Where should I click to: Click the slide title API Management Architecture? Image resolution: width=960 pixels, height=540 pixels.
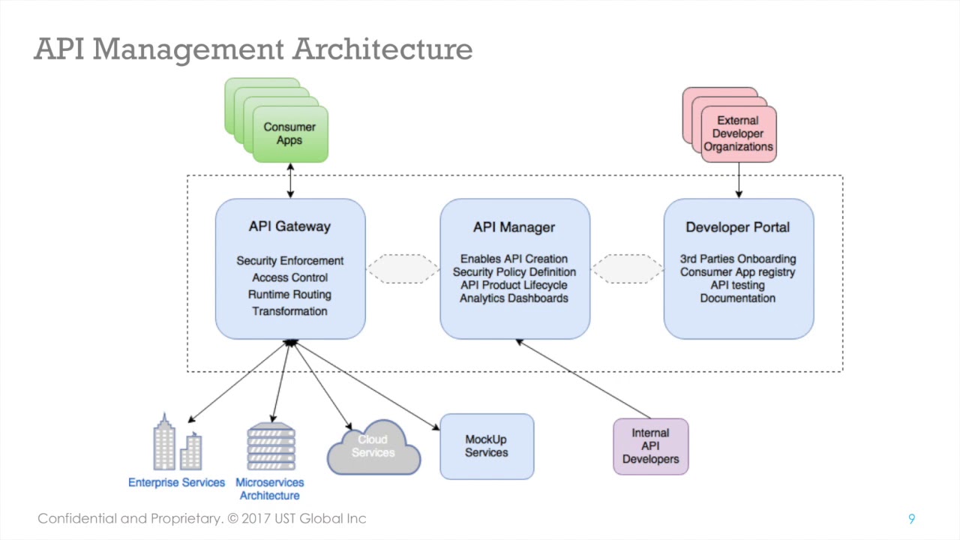point(253,49)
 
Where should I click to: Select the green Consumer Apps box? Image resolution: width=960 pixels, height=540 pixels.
point(289,133)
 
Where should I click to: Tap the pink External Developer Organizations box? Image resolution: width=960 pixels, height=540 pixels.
point(738,133)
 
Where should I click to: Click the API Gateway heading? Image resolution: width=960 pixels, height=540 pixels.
point(289,226)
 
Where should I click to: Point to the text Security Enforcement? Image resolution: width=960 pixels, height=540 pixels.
point(289,261)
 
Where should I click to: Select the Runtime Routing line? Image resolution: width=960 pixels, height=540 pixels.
point(289,295)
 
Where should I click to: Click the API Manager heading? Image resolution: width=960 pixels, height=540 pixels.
point(514,227)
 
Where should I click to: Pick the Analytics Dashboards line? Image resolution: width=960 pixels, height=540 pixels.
point(514,298)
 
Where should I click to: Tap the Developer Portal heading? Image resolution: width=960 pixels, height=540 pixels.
point(737,227)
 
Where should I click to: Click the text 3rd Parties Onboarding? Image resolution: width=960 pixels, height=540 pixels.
point(737,259)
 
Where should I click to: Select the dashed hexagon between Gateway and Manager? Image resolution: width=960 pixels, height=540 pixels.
point(403,269)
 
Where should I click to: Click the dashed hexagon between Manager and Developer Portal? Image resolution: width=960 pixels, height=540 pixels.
point(627,269)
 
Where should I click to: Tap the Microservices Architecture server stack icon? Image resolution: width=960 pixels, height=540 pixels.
point(271,447)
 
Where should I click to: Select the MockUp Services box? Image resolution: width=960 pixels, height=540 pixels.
point(486,446)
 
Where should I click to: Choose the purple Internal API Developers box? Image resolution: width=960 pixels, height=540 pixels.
point(650,446)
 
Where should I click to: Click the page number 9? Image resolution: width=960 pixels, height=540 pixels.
point(911,519)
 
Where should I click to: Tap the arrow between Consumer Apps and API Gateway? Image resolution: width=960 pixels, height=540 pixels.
point(289,180)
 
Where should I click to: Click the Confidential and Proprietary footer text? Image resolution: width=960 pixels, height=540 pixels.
point(202,519)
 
